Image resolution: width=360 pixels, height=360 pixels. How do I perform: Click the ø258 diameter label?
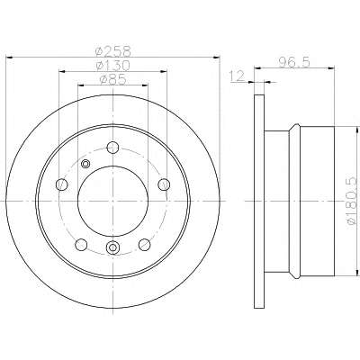coord(113,51)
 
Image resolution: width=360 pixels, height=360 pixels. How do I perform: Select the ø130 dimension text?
coord(112,66)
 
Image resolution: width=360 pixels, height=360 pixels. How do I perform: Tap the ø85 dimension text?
coord(112,80)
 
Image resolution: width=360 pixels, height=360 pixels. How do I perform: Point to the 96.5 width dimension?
coord(294,62)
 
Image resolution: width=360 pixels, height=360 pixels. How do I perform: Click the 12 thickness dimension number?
coord(238,76)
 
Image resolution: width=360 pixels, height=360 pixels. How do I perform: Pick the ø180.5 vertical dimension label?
coord(353,200)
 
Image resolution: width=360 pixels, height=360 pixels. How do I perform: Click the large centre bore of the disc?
coord(112,202)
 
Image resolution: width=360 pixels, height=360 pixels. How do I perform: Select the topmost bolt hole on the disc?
coord(112,147)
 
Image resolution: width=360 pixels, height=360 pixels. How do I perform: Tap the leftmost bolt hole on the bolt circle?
coord(62,184)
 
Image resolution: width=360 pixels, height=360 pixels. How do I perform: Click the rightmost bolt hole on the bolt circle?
coord(164,184)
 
